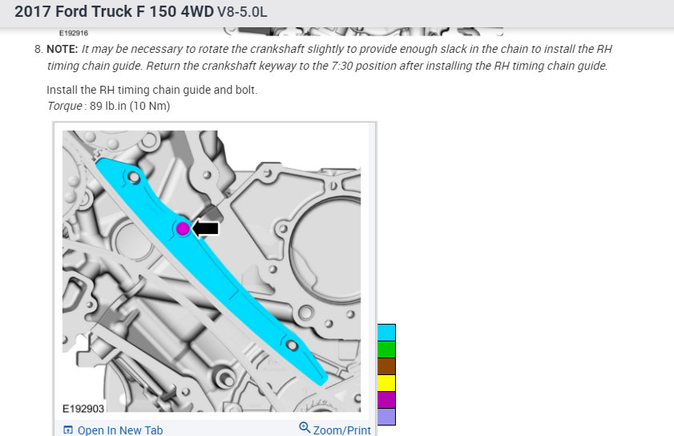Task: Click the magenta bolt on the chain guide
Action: point(183,228)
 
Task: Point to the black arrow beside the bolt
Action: point(205,228)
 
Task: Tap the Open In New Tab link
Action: point(113,430)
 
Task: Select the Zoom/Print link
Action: point(341,430)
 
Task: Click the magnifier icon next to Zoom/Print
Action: point(305,427)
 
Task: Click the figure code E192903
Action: point(83,409)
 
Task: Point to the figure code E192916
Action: point(74,33)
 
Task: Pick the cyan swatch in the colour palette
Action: point(386,333)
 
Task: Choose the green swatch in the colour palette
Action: point(386,349)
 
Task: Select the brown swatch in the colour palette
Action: point(386,366)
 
